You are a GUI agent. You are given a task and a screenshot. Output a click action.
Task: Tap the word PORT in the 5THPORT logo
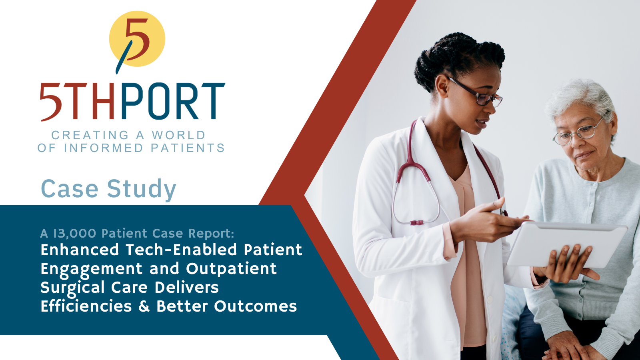point(173,101)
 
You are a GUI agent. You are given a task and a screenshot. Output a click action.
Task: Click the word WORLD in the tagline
point(178,135)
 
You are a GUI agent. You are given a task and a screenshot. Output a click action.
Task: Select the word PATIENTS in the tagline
point(188,148)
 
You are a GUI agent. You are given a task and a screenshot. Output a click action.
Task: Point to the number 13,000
point(75,234)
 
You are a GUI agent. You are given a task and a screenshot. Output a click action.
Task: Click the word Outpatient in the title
point(232,269)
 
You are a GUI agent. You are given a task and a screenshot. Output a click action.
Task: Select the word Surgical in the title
point(72,288)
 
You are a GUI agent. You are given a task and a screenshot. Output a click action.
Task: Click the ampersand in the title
point(144,306)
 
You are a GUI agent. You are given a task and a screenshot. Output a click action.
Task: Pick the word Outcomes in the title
point(256,306)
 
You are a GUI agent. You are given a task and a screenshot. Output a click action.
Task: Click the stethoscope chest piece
point(417,222)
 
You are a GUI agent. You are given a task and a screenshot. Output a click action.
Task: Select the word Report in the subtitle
point(211,234)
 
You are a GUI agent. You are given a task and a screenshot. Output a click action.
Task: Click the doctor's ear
point(442,86)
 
